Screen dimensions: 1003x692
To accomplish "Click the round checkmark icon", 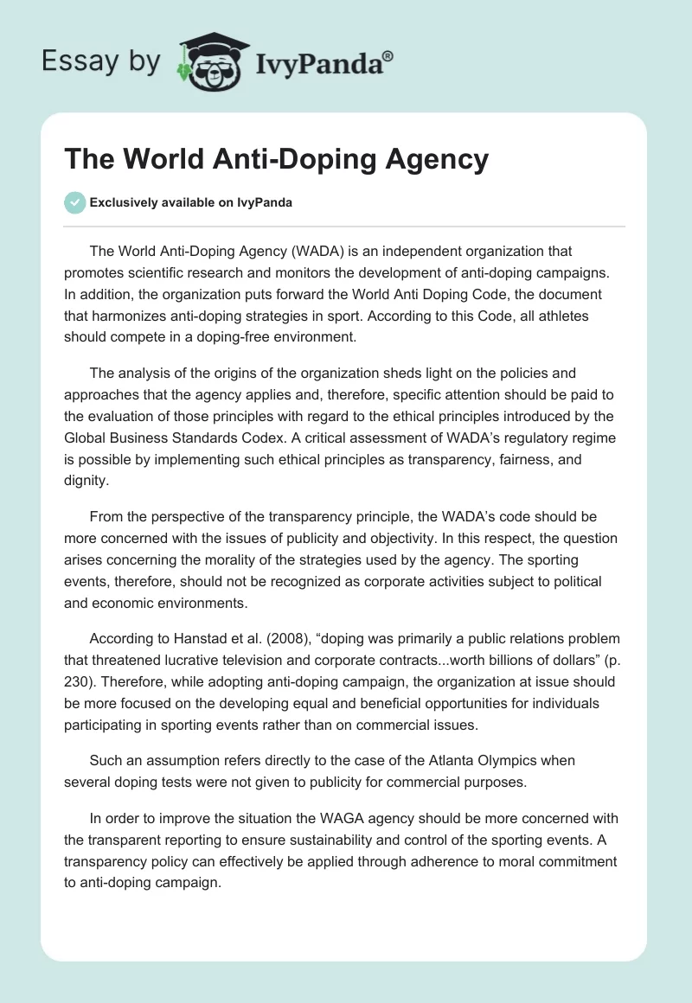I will (x=74, y=202).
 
